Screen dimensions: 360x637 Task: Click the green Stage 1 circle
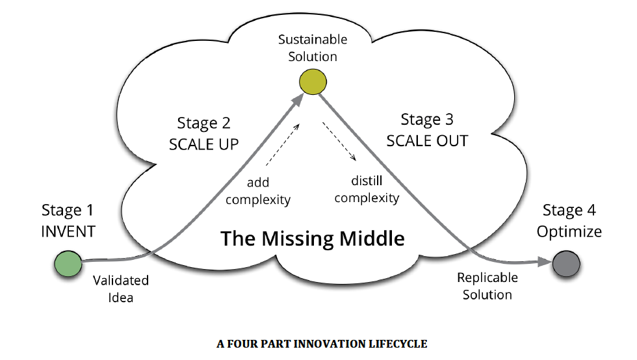(x=68, y=265)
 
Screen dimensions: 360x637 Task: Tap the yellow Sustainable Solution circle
(x=313, y=83)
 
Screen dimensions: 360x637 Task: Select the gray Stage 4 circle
(x=565, y=265)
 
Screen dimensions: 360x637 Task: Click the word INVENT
(x=68, y=231)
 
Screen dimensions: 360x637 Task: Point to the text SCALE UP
(x=204, y=144)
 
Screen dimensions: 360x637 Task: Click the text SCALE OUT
(x=427, y=140)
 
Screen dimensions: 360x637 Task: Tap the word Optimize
(x=569, y=231)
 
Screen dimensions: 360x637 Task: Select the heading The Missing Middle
(x=313, y=238)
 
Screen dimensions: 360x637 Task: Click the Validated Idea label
(x=121, y=289)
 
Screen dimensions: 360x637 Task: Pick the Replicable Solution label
(x=487, y=286)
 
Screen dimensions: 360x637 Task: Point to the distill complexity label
(x=367, y=190)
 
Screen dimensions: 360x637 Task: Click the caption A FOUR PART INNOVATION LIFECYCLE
(x=322, y=344)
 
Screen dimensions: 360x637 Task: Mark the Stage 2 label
(x=203, y=123)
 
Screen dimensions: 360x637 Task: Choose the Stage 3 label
(x=427, y=120)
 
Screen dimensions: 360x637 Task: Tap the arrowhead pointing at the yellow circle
(x=298, y=99)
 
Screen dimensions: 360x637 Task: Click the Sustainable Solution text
(x=313, y=47)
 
